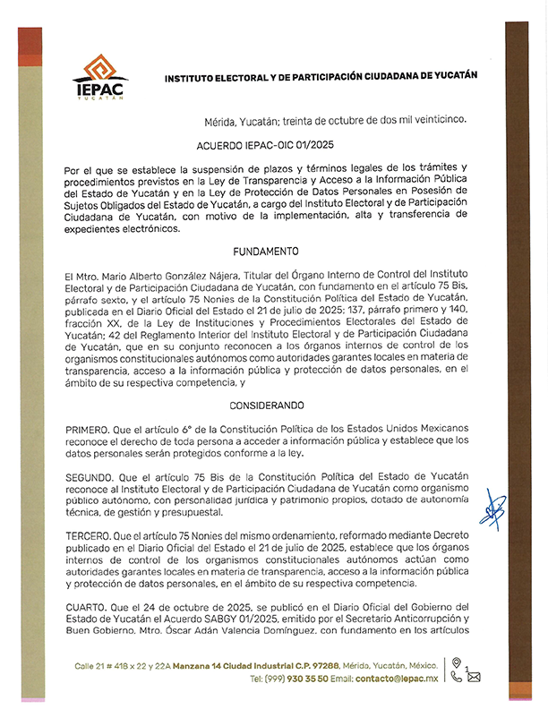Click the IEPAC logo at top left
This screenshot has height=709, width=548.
[99, 79]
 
